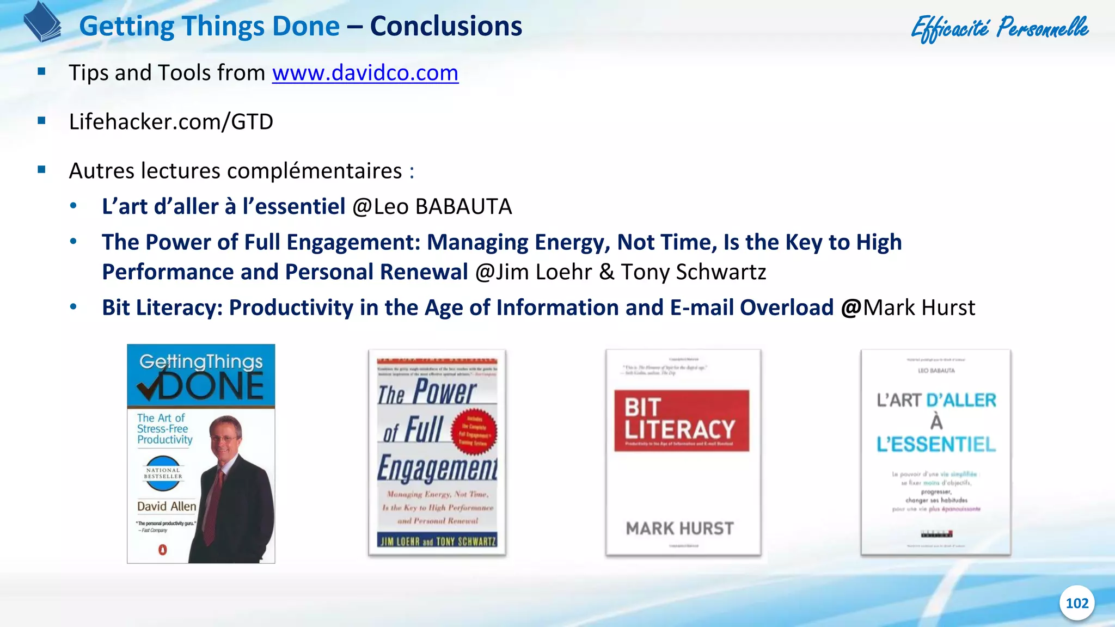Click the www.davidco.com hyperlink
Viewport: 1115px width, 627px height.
(x=365, y=73)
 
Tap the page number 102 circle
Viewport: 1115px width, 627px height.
(x=1076, y=603)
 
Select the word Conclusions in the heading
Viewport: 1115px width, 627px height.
(x=446, y=26)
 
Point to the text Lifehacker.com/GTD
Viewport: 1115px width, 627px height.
(x=171, y=122)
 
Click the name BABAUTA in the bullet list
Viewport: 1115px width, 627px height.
(x=463, y=207)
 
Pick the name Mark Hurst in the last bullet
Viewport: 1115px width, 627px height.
(x=919, y=308)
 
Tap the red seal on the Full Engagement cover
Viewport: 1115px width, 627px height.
(x=474, y=432)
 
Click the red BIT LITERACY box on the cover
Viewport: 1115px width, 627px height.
(x=681, y=420)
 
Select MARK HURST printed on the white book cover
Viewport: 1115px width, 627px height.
(x=679, y=528)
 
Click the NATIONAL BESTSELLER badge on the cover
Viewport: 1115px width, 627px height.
(x=163, y=473)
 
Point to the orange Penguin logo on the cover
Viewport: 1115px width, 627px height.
(x=162, y=550)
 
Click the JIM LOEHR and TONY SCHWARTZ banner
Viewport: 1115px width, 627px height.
(x=438, y=541)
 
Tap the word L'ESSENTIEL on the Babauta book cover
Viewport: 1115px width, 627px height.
(x=936, y=445)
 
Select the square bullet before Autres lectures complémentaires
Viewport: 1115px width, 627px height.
(x=41, y=170)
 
